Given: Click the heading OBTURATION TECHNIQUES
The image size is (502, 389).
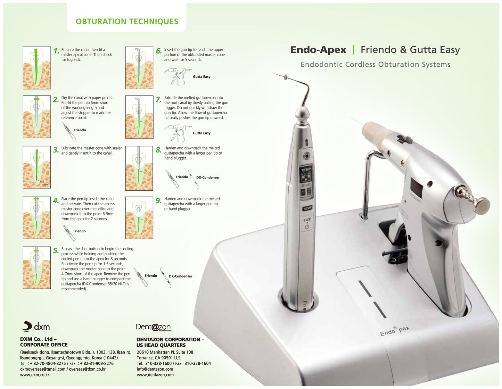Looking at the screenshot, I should (x=127, y=22).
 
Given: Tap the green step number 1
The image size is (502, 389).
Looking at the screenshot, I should (x=56, y=51).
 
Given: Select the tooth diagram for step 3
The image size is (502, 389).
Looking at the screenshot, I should (x=37, y=167).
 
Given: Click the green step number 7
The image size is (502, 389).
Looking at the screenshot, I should (x=158, y=100).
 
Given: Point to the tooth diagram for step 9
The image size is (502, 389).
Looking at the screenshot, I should (x=139, y=218).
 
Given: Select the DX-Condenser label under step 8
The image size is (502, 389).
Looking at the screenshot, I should (x=208, y=177).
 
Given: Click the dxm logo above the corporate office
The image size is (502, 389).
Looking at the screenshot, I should (x=35, y=326).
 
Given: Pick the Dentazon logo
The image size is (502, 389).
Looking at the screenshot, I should (x=153, y=327).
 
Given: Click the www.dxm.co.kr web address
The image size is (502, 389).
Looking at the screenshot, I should (x=35, y=375).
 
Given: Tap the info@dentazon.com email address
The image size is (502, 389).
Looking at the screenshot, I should (x=155, y=369).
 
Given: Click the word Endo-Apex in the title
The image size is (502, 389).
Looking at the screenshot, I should (x=318, y=50).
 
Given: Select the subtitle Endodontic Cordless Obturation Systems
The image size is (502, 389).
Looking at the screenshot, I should (x=375, y=65).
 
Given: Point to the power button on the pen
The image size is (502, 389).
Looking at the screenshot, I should (x=307, y=227).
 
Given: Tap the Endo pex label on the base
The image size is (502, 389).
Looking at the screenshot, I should (x=394, y=331).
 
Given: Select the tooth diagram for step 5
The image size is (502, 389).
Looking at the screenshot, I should (x=37, y=267).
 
